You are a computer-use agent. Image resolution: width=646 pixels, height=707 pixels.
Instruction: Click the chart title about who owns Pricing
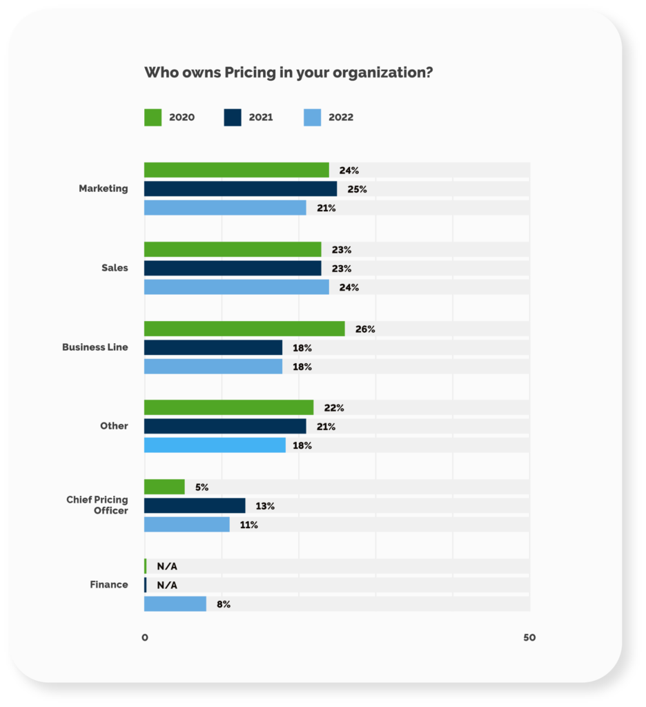pyautogui.click(x=288, y=72)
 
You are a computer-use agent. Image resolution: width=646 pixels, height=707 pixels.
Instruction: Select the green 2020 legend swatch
pyautogui.click(x=153, y=117)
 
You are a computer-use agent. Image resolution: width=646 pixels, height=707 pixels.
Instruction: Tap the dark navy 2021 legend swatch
pyautogui.click(x=233, y=117)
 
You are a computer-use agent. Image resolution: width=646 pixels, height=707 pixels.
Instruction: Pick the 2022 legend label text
pyautogui.click(x=341, y=117)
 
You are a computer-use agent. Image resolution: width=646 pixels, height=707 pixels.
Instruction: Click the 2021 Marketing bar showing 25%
pyautogui.click(x=240, y=189)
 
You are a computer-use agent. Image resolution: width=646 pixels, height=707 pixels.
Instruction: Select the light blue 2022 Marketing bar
pyautogui.click(x=225, y=208)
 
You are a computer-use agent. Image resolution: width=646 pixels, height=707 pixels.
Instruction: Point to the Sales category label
pyautogui.click(x=115, y=268)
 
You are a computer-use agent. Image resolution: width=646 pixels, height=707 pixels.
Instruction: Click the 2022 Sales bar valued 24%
pyautogui.click(x=236, y=287)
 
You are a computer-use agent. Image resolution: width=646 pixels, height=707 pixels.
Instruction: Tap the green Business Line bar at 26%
pyautogui.click(x=244, y=329)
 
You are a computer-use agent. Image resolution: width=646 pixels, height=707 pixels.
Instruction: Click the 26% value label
pyautogui.click(x=365, y=329)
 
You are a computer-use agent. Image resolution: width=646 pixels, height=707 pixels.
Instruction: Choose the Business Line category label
pyautogui.click(x=95, y=347)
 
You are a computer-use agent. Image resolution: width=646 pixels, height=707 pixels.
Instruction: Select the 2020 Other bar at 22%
pyautogui.click(x=228, y=407)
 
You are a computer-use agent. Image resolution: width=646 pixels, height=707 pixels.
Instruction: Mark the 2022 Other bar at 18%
pyautogui.click(x=215, y=445)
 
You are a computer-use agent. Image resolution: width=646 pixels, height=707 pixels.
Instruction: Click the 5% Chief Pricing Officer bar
pyautogui.click(x=164, y=487)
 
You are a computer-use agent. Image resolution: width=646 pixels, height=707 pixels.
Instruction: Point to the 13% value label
pyautogui.click(x=265, y=506)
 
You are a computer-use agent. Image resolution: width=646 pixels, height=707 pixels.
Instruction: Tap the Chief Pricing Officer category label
pyautogui.click(x=97, y=505)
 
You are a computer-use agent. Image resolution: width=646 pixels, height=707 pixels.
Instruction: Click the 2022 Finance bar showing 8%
pyautogui.click(x=175, y=604)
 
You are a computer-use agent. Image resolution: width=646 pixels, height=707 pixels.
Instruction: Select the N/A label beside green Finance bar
pyautogui.click(x=167, y=566)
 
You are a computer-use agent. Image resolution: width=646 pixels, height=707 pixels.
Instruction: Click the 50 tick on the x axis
pyautogui.click(x=529, y=638)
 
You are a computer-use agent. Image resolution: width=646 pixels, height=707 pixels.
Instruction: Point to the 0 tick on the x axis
pyautogui.click(x=145, y=638)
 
